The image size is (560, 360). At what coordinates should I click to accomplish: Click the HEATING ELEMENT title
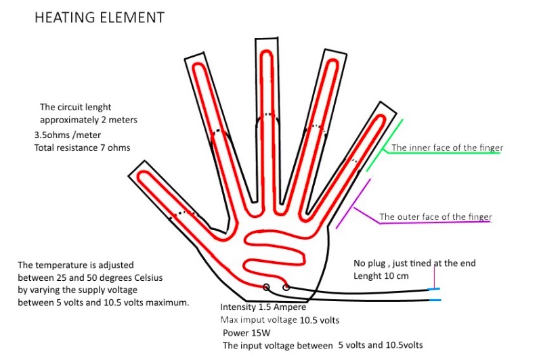tap(100, 18)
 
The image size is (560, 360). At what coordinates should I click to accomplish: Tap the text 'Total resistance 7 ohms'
tap(81, 148)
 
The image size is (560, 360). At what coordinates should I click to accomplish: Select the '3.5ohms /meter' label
tap(64, 135)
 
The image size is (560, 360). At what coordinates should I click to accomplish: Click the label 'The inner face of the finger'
tap(447, 148)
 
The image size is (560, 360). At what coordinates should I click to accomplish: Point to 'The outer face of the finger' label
tap(435, 217)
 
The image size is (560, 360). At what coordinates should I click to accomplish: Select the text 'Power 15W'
tap(246, 332)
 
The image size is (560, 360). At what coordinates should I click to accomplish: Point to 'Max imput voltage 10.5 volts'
tap(279, 319)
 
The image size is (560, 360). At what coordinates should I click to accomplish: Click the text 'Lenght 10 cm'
tap(381, 276)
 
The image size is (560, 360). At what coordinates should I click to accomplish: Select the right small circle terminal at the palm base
tap(286, 288)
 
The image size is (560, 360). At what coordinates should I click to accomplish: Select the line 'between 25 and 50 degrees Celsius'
tap(90, 278)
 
